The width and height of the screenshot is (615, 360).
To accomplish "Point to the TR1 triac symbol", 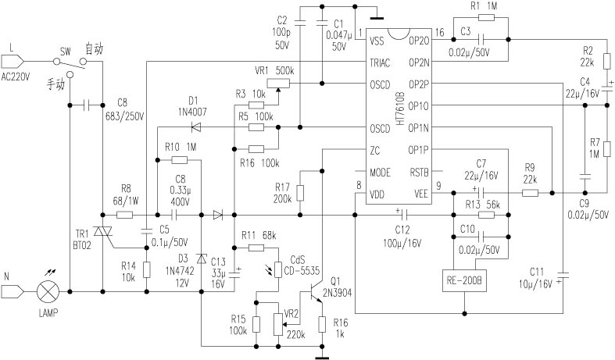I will point(103,233).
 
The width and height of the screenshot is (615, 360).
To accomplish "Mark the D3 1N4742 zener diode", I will point(202,258).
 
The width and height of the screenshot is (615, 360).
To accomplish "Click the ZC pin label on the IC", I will point(376,149).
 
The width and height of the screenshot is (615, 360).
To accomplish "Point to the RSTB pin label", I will point(419,171).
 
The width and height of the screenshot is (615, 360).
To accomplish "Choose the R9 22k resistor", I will point(530,193).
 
